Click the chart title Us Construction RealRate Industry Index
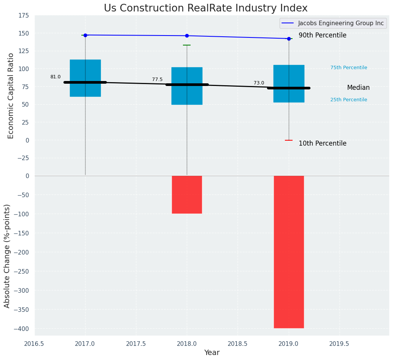coord(205,8)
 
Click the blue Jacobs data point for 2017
coord(85,35)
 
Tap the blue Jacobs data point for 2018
coord(187,36)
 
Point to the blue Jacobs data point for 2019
coord(289,39)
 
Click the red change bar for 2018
coord(187,195)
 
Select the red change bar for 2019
coord(289,252)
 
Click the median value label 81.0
coord(55,77)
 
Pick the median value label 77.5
coord(157,79)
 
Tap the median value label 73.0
coord(259,83)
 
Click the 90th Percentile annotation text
coord(322,36)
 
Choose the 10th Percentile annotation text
coord(322,144)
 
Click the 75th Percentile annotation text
coord(349,68)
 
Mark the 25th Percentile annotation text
coord(349,100)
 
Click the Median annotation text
coord(358,88)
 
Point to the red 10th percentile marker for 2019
coord(289,140)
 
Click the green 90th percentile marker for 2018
coord(187,45)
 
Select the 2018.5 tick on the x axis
coord(238,344)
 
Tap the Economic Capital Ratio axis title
coord(11,96)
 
